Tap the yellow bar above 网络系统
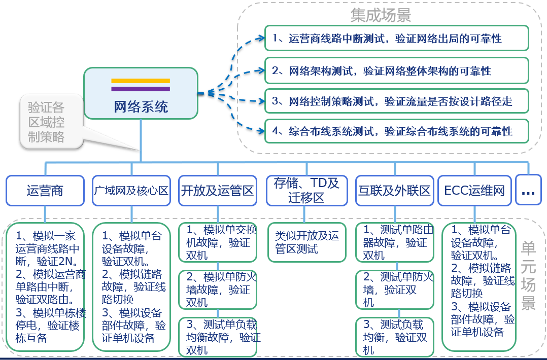coord(141,81)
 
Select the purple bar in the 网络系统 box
coord(141,89)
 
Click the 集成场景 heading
coord(381,15)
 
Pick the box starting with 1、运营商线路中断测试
coord(396,39)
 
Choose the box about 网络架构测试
coord(396,70)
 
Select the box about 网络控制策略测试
coord(396,101)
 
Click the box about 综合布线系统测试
coord(396,131)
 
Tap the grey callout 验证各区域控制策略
coord(47,122)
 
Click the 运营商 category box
coord(45,190)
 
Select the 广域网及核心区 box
coord(131,190)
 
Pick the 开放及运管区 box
coord(218,190)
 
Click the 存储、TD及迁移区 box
coord(306,190)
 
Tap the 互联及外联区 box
coord(394,190)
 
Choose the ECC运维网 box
coord(474,190)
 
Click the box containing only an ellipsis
coord(528,190)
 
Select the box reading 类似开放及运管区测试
coord(306,242)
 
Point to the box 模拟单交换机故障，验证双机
coord(218,242)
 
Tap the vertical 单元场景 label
coord(529,274)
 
